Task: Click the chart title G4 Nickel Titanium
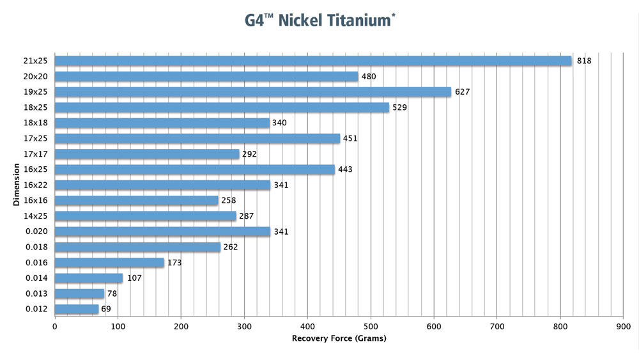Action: [x=319, y=20]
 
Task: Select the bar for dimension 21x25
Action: [x=313, y=61]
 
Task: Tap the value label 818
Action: [x=584, y=61]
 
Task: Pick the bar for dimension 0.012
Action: [x=77, y=309]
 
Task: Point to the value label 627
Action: [x=462, y=92]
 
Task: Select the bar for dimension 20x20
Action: [x=206, y=77]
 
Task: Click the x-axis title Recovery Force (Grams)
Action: [x=339, y=338]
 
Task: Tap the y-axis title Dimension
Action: [x=15, y=185]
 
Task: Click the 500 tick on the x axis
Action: [x=371, y=325]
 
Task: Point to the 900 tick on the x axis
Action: [x=623, y=325]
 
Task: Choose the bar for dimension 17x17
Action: [x=147, y=154]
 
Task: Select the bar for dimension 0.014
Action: [x=88, y=278]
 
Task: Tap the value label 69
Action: [x=107, y=309]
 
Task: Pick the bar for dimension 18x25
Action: [x=222, y=107]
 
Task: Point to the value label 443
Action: [x=345, y=169]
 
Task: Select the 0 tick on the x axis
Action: [x=55, y=325]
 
